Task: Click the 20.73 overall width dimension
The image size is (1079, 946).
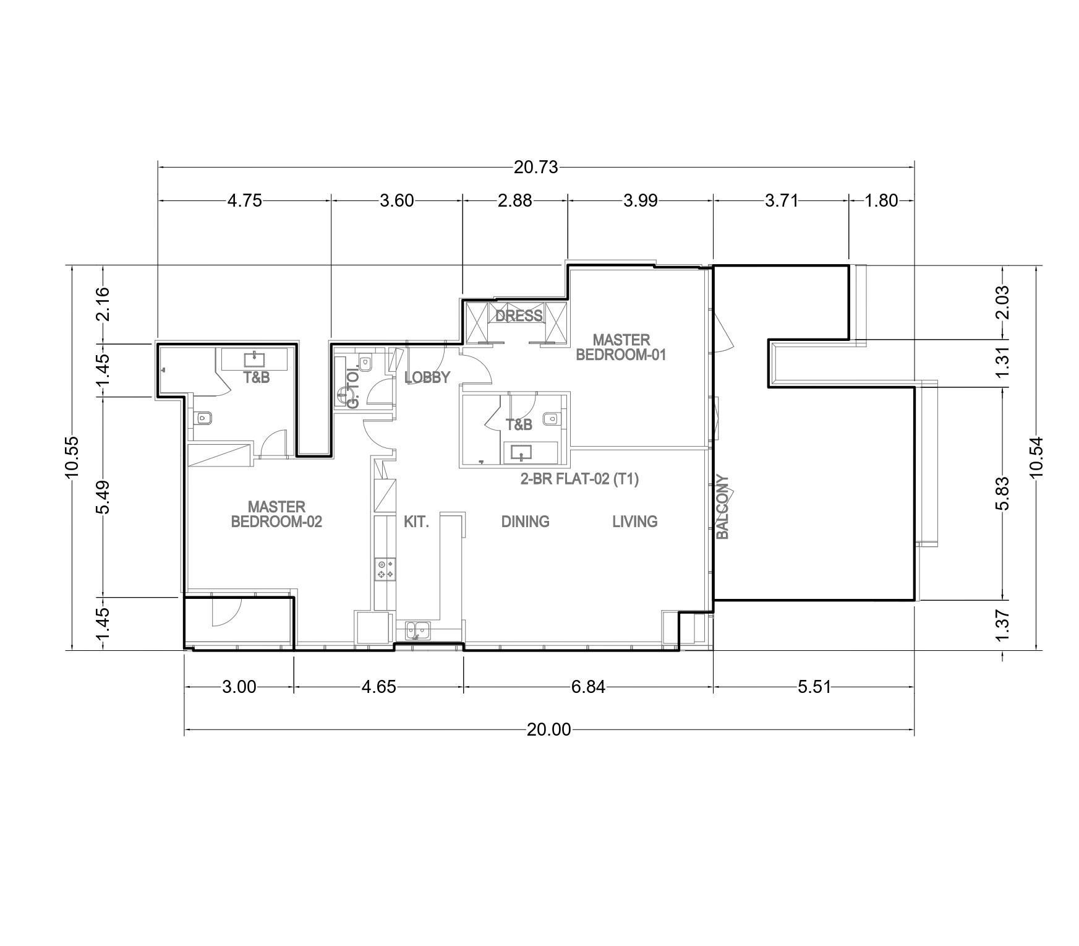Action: click(535, 167)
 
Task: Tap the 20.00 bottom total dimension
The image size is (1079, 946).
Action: click(548, 730)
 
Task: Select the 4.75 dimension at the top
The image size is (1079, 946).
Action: click(245, 200)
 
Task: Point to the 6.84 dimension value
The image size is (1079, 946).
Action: click(588, 687)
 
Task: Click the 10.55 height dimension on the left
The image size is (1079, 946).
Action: click(72, 458)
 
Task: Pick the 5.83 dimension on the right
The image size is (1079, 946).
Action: click(1002, 493)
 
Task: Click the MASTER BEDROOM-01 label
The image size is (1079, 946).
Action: click(621, 348)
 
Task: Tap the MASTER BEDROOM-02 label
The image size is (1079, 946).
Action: click(276, 514)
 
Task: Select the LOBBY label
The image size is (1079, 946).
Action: click(427, 377)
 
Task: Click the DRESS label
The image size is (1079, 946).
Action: click(519, 316)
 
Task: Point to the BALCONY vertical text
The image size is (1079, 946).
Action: click(723, 507)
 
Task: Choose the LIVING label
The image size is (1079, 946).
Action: click(634, 522)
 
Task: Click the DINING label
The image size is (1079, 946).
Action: click(525, 522)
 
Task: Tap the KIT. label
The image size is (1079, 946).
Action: click(416, 522)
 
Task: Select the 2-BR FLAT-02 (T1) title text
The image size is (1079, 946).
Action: click(579, 479)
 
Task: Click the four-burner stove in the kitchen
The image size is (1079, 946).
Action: click(385, 569)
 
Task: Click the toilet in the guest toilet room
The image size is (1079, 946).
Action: click(365, 364)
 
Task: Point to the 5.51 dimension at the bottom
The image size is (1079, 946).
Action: click(814, 687)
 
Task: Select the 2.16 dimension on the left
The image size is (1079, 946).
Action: click(103, 303)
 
